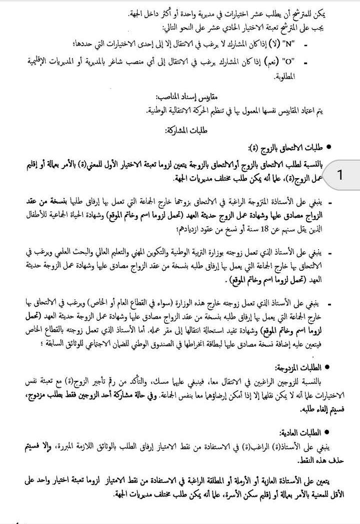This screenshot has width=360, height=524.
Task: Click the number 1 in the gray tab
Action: [x=340, y=175]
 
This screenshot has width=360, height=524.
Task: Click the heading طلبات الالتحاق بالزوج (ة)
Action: [x=285, y=148]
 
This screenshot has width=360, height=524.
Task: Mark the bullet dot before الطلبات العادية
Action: [x=328, y=433]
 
